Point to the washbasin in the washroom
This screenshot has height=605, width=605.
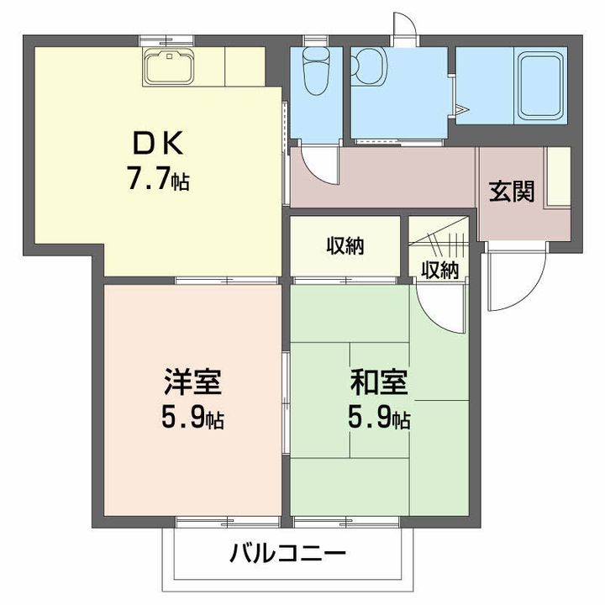[x=368, y=63]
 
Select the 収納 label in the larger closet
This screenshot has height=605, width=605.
[x=345, y=247]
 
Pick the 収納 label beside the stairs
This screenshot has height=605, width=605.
[x=440, y=270]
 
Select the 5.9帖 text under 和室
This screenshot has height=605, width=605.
[x=380, y=418]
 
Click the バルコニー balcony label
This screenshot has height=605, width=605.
[x=287, y=555]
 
